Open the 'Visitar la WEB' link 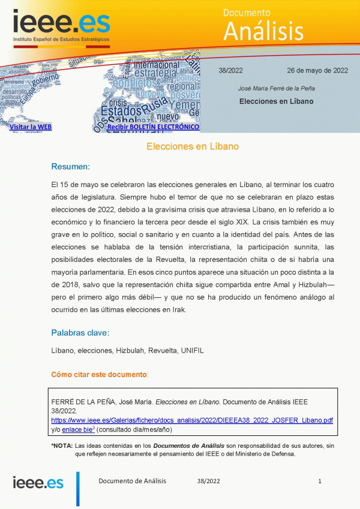(x=31, y=127)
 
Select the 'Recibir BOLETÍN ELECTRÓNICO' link (x=153, y=127)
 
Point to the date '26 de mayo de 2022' (x=317, y=70)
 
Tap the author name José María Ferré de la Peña (x=277, y=88)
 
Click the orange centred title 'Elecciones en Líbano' (x=193, y=146)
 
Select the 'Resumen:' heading (x=70, y=166)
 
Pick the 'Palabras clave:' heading (x=80, y=333)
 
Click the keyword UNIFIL (x=192, y=351)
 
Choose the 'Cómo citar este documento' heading (x=99, y=375)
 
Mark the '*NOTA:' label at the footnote (x=61, y=446)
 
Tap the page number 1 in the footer (x=320, y=481)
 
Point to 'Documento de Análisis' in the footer (x=132, y=481)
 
